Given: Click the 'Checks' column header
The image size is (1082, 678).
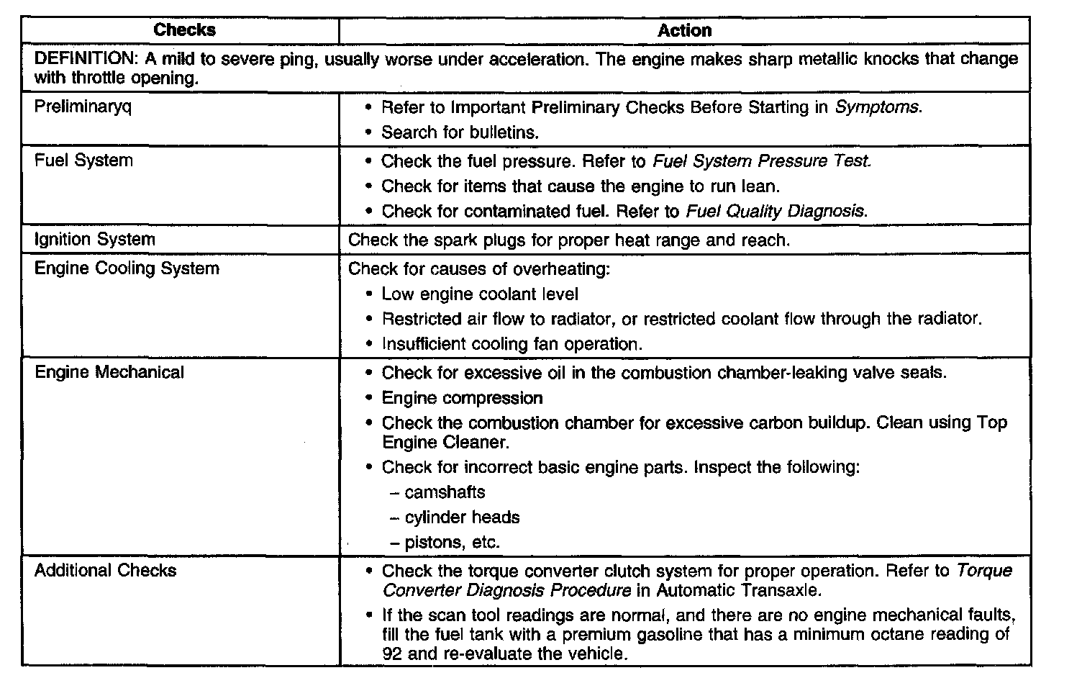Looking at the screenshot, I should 184,30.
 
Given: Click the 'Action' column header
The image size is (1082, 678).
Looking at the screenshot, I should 684,30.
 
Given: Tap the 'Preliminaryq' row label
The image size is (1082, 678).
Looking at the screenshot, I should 83,107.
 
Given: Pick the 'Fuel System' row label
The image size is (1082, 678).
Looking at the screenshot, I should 83,161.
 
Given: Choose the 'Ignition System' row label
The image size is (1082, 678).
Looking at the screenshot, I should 94,240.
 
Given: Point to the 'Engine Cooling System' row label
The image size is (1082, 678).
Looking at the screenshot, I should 127,268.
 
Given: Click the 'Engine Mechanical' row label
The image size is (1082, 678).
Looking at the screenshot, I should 109,372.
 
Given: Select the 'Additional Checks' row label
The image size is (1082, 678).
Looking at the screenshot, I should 105,571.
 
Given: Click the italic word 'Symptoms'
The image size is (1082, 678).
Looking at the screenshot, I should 877,107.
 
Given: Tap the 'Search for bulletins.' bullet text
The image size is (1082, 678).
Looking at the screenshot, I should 460,132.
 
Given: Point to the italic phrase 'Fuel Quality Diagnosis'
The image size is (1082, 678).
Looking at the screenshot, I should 775,212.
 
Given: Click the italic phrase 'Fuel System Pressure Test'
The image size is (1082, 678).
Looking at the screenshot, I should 761,161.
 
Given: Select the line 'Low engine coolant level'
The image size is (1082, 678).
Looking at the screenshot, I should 480,294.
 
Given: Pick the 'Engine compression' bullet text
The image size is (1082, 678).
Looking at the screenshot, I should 462,398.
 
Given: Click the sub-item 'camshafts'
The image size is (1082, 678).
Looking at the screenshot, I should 445,492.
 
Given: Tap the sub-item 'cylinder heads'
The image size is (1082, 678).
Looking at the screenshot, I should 462,517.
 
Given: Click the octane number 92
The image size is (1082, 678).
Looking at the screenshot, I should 392,654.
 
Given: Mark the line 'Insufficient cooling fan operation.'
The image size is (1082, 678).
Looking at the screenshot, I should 512,344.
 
